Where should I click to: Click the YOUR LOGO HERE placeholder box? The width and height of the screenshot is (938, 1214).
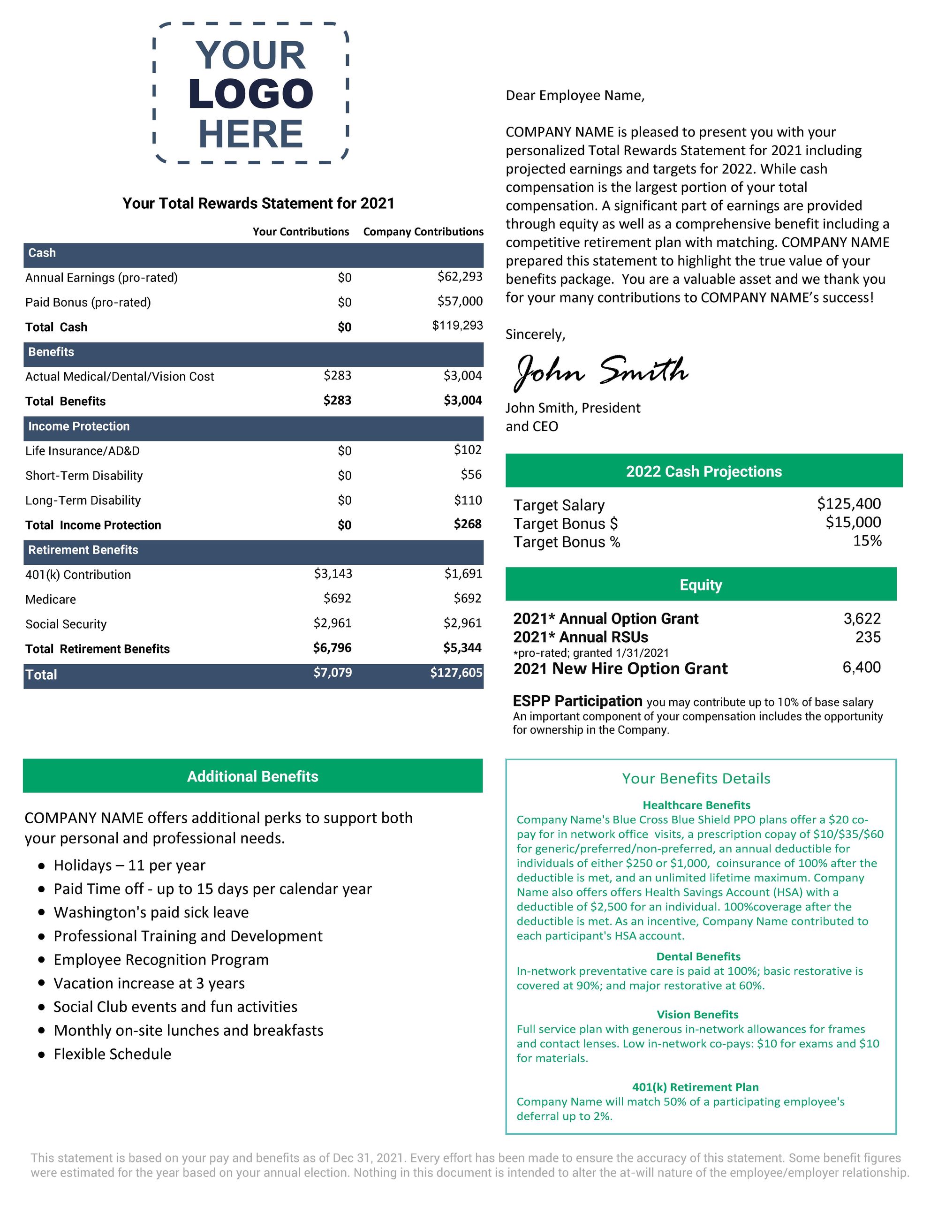(250, 93)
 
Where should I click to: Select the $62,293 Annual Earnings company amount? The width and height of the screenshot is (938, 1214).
(460, 276)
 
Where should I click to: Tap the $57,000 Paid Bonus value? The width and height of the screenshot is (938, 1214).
(460, 301)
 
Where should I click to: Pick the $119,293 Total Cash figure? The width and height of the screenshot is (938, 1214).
(457, 325)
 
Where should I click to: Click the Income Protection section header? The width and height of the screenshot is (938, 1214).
(79, 426)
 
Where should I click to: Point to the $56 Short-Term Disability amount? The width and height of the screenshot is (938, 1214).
(471, 474)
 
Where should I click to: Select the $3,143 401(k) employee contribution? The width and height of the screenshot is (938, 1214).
(333, 573)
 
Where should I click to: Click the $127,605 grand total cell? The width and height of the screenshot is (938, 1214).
(456, 673)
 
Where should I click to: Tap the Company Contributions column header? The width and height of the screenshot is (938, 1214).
(423, 232)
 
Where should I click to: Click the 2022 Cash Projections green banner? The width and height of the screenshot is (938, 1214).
(703, 471)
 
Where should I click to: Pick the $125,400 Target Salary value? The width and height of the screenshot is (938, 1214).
(848, 504)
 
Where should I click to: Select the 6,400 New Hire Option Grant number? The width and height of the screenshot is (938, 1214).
(861, 667)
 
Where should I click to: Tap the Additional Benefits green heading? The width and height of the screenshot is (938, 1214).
(253, 776)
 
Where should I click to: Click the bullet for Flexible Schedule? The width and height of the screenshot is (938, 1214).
(42, 1055)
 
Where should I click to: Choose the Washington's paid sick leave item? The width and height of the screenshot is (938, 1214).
(151, 912)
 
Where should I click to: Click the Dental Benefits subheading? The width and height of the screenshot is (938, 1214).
(698, 956)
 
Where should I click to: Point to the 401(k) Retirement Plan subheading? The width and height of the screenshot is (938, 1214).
(695, 1087)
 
